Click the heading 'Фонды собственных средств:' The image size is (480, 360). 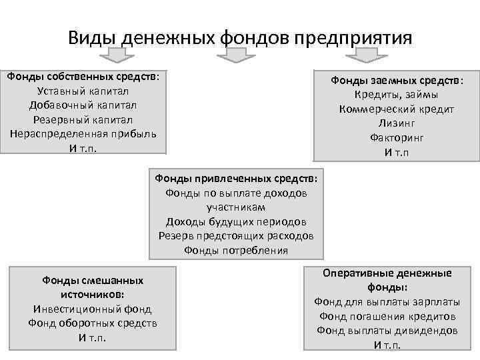[x=83, y=76]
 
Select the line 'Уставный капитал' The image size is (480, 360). [x=83, y=91]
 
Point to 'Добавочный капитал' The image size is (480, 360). [x=83, y=105]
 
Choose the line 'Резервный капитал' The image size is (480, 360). [x=83, y=119]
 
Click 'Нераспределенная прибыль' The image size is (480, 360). [x=83, y=133]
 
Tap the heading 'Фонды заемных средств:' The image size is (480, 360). [x=397, y=81]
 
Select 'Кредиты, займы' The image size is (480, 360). [x=397, y=95]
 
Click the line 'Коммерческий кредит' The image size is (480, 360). [x=397, y=109]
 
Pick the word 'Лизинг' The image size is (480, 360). [x=397, y=123]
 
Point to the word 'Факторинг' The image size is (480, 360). [x=397, y=138]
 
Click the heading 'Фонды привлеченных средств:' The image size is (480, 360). [x=236, y=179]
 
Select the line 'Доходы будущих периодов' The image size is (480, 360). [x=236, y=222]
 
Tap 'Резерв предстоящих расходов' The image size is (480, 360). [x=236, y=236]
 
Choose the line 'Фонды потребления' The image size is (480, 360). [x=236, y=251]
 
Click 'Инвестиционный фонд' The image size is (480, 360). [x=93, y=309]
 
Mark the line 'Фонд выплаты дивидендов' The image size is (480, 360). [x=387, y=330]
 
